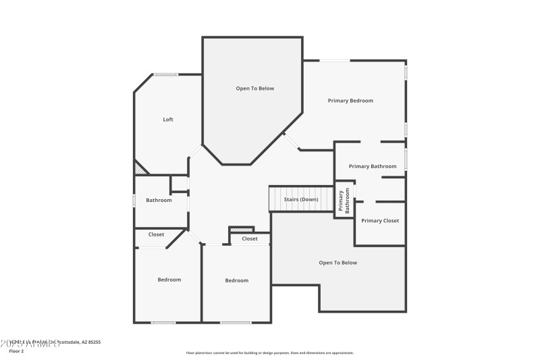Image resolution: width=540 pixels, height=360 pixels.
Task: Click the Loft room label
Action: (x=168, y=120)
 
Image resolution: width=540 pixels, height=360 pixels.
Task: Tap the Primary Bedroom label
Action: (x=350, y=101)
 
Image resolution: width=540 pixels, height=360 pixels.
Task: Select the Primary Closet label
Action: (x=380, y=221)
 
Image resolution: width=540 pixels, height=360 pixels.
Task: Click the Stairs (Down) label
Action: (x=300, y=199)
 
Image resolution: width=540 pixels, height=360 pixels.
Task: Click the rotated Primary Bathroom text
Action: (x=344, y=201)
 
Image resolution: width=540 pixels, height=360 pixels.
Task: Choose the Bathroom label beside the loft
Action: (x=159, y=200)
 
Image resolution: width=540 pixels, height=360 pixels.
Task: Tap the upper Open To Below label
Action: (x=255, y=88)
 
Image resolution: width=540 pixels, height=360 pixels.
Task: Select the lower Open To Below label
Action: (x=338, y=263)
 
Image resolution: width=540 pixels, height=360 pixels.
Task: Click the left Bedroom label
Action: (x=169, y=280)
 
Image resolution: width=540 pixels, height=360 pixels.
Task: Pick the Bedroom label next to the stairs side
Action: (x=237, y=280)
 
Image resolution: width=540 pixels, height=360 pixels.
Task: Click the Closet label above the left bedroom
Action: (x=157, y=234)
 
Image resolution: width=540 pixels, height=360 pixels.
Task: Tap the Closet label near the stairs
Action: (x=250, y=238)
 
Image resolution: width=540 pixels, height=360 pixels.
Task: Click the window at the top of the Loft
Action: (x=165, y=74)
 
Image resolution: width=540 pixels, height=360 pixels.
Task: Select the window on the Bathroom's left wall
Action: (x=134, y=200)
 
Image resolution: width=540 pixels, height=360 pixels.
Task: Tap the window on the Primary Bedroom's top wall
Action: (x=335, y=61)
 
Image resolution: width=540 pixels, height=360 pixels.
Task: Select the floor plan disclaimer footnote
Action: (x=269, y=353)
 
